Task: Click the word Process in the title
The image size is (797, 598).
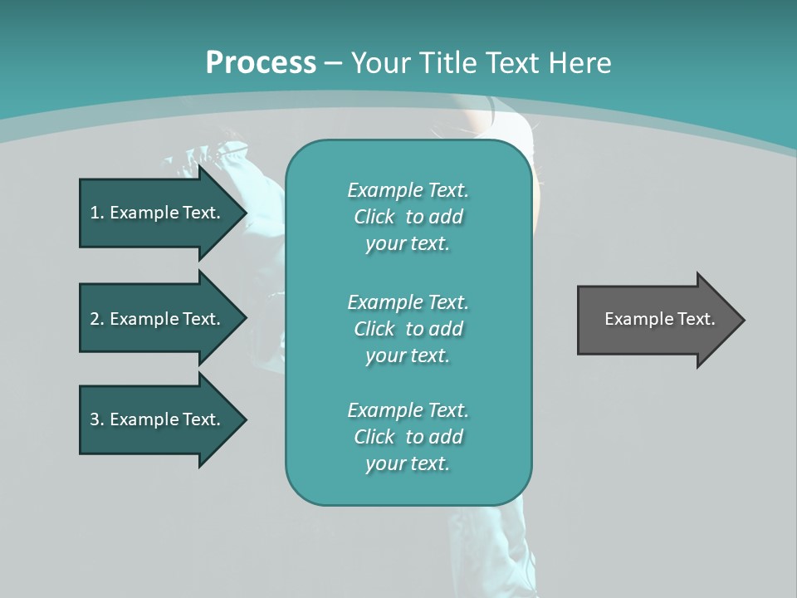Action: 261,63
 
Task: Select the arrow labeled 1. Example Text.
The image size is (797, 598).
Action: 158,213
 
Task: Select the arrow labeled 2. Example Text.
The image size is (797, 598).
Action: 158,319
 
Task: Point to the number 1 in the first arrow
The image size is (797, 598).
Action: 95,213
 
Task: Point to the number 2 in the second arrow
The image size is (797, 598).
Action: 95,319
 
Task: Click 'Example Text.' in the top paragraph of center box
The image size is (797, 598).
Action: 408,190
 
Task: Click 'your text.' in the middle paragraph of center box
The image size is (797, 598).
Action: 408,355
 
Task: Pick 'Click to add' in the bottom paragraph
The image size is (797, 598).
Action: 408,437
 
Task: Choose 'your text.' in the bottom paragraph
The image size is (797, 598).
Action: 408,463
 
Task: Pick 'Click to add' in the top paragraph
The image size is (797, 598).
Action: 408,217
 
